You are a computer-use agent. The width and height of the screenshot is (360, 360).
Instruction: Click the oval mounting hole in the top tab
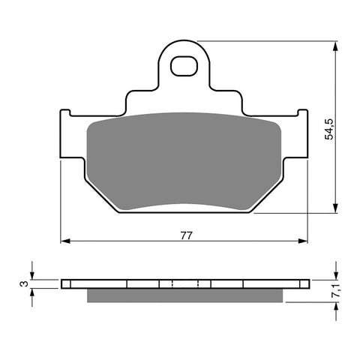point(184,67)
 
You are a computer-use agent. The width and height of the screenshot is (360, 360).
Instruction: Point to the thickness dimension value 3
point(23,284)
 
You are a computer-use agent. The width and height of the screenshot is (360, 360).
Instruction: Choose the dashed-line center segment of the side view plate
point(173,284)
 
